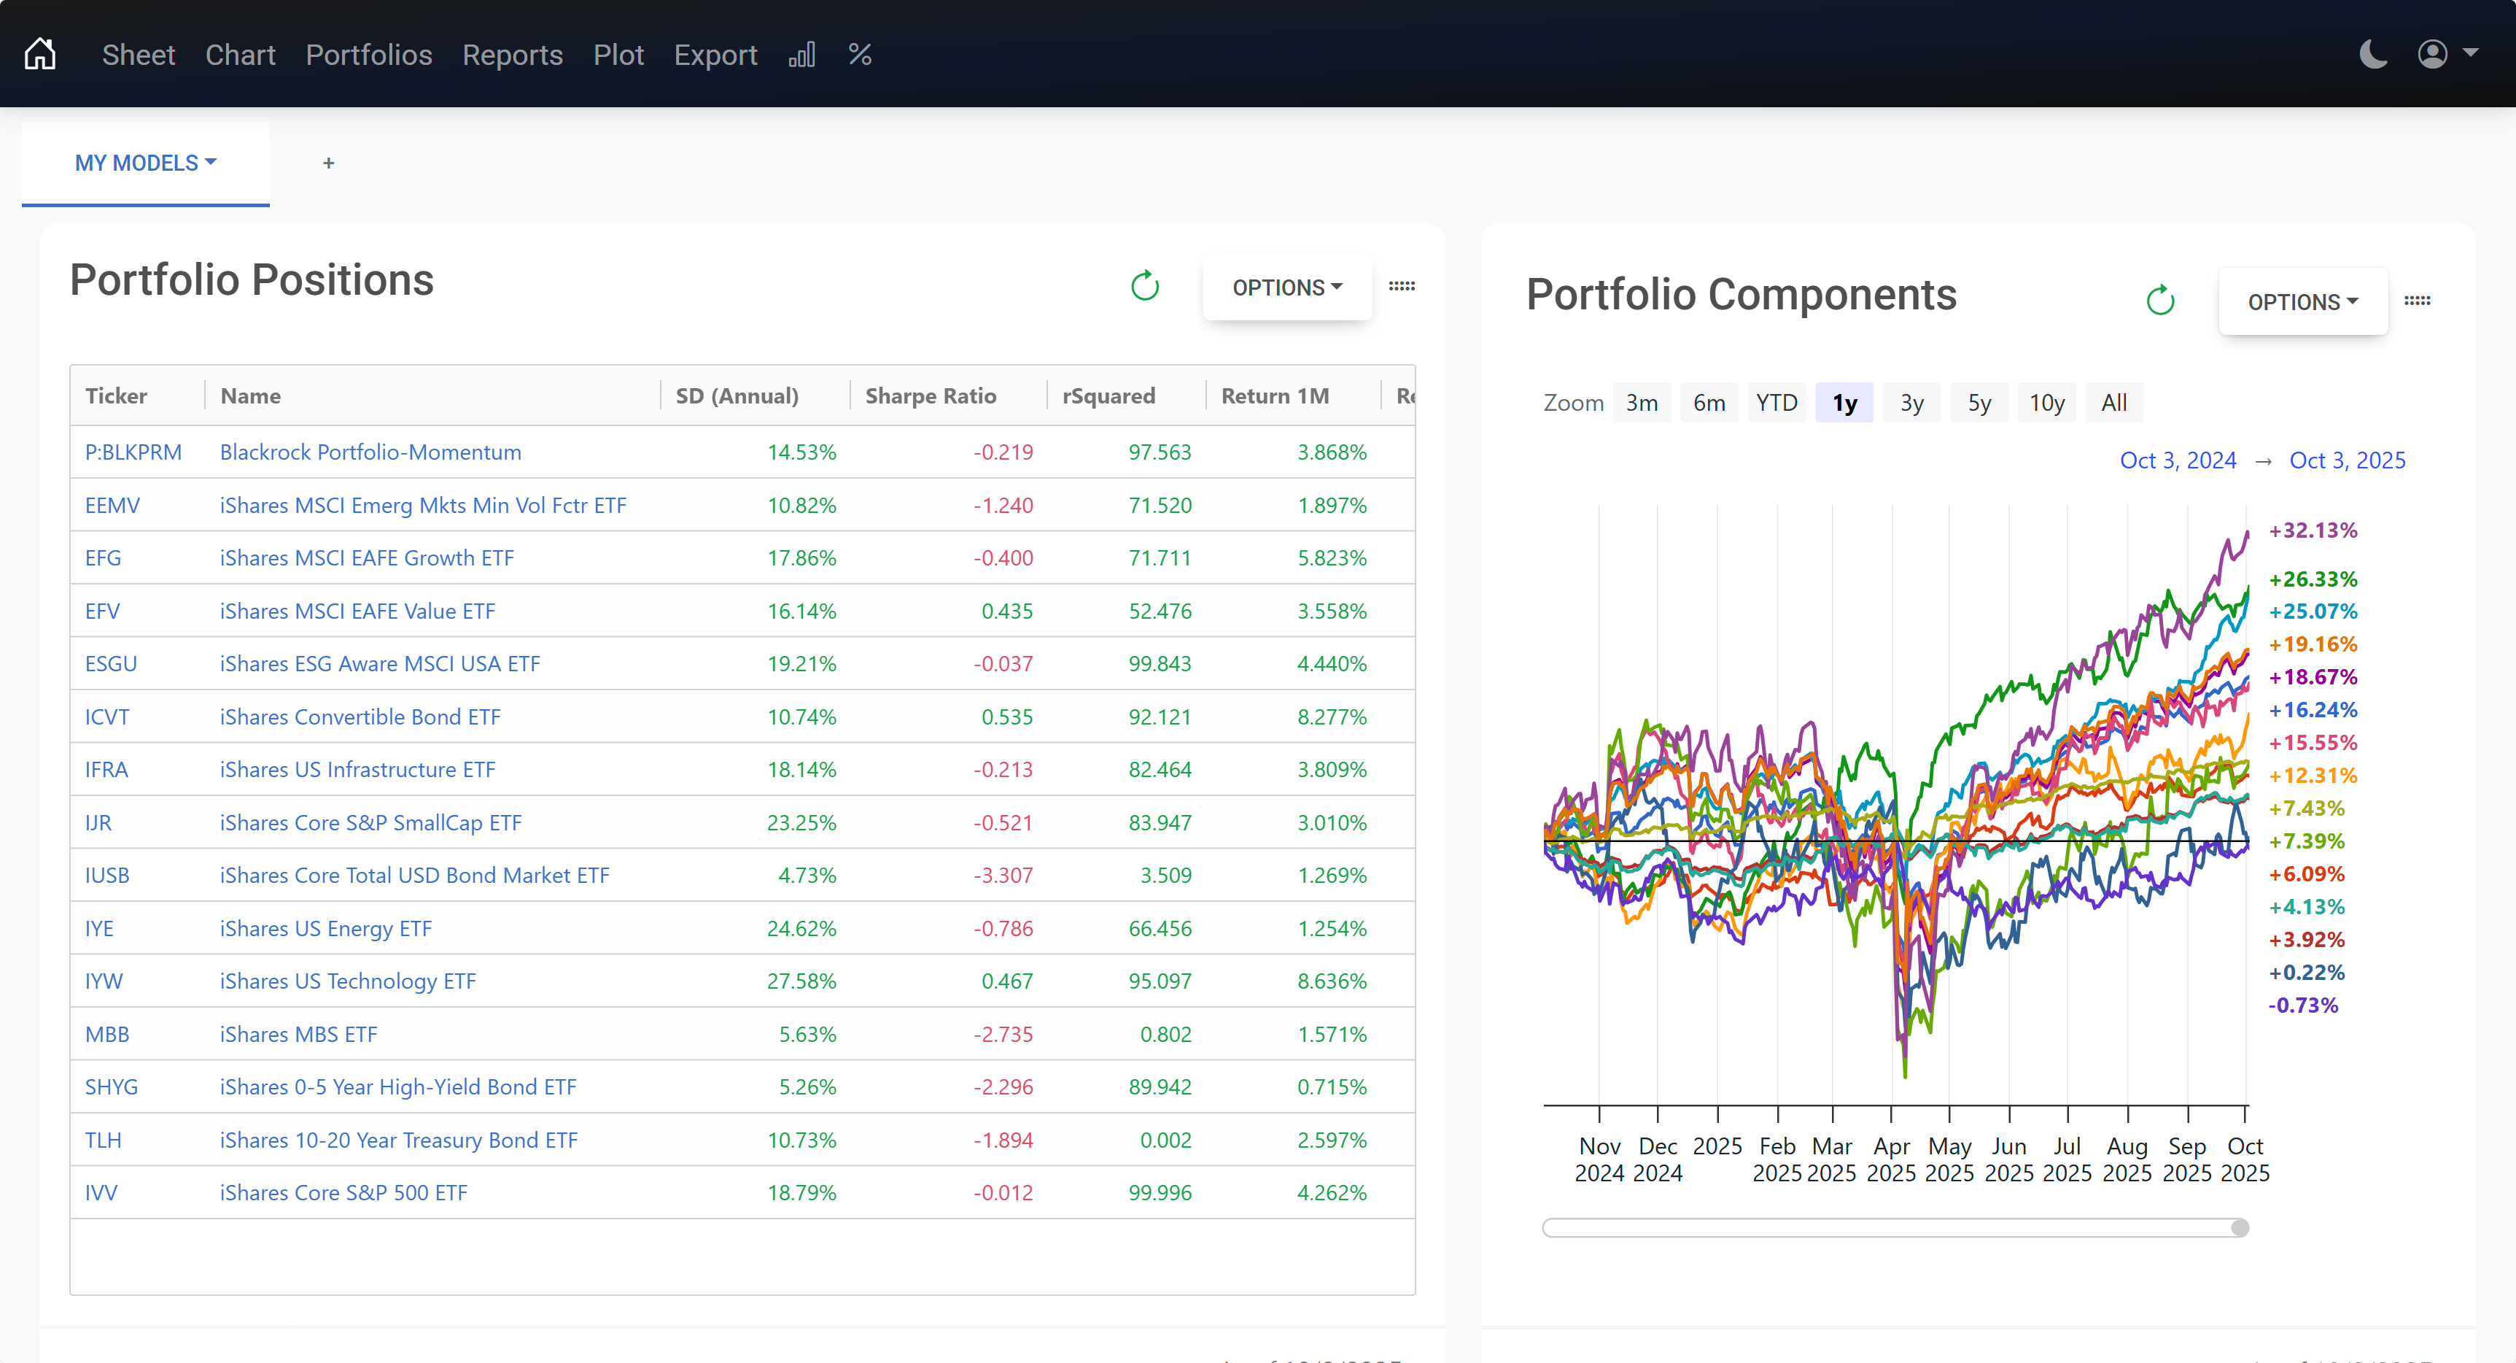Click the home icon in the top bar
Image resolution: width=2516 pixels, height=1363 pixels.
click(40, 55)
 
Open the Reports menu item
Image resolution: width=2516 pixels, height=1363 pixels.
click(512, 55)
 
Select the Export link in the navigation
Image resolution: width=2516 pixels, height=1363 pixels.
click(715, 55)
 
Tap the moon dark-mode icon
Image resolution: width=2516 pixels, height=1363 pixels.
click(2373, 55)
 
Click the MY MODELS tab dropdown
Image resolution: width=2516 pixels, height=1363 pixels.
click(146, 163)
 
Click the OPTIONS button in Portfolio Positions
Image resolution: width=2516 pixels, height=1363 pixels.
click(1286, 287)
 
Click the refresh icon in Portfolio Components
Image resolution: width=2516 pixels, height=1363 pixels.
click(2159, 301)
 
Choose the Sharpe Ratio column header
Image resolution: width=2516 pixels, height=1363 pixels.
click(930, 395)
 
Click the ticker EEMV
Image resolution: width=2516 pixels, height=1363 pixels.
click(112, 505)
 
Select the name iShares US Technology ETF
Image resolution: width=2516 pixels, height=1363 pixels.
click(348, 981)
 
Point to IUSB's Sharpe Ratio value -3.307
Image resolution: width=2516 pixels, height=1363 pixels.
click(1002, 876)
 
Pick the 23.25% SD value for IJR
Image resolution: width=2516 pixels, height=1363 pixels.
click(801, 822)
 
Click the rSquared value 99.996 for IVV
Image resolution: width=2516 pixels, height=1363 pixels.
click(1160, 1193)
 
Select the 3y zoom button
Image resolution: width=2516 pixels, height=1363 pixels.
click(1911, 403)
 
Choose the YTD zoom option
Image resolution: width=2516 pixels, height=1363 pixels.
click(1776, 403)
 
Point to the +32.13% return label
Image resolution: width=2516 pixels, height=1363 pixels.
click(2312, 530)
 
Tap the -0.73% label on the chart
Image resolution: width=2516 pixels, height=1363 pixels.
click(2302, 1005)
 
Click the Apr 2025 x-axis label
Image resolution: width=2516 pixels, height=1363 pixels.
click(1891, 1159)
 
